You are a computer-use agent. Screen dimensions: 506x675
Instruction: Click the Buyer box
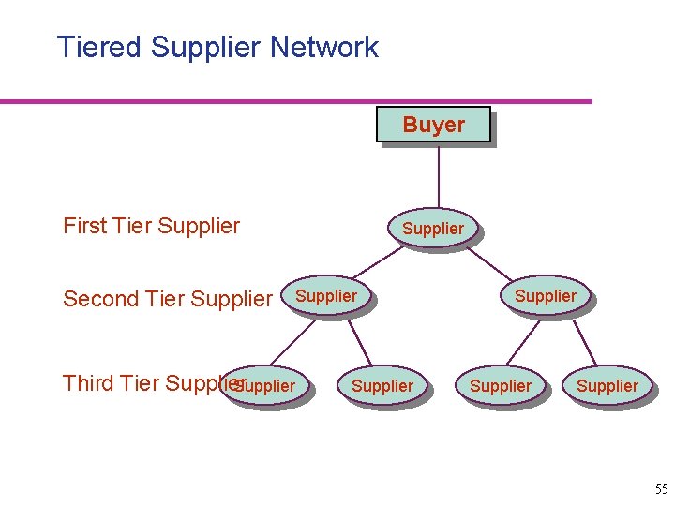(433, 125)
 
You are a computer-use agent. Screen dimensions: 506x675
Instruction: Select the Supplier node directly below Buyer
(432, 228)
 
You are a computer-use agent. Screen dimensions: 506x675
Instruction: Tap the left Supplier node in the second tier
(325, 297)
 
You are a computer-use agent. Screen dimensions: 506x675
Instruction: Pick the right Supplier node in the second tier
(545, 297)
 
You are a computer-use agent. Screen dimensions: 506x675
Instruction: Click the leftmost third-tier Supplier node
(264, 386)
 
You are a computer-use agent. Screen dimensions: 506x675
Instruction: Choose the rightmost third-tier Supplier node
(607, 386)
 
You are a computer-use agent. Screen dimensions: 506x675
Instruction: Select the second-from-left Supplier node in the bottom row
(382, 386)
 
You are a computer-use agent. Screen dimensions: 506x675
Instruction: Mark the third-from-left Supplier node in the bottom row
(500, 386)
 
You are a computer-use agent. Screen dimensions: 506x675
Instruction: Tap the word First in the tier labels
(84, 226)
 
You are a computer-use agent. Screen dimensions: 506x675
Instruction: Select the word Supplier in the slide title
(204, 47)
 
